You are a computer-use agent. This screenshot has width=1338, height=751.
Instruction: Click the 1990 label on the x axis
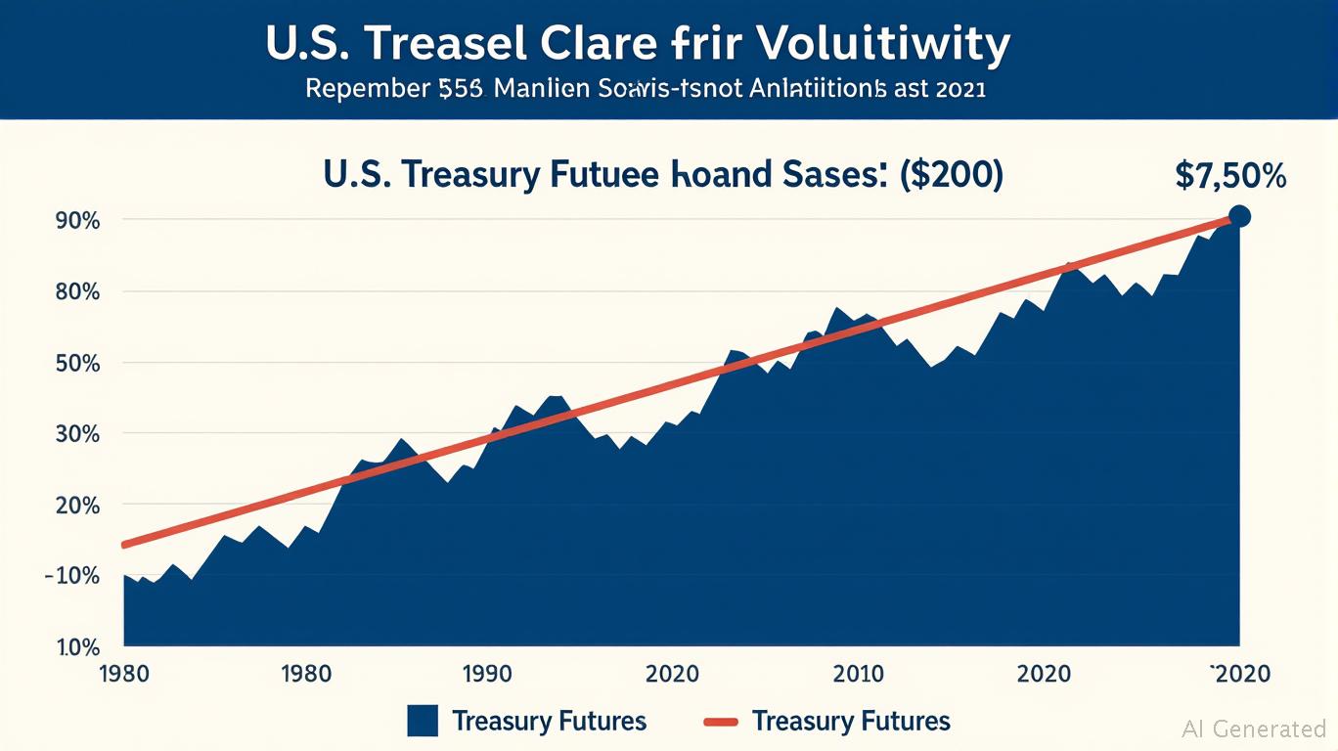pyautogui.click(x=486, y=674)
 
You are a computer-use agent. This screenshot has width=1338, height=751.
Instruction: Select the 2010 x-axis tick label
pyautogui.click(x=858, y=674)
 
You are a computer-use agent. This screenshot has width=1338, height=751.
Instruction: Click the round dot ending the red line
pyautogui.click(x=1238, y=216)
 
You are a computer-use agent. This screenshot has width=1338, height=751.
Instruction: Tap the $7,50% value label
pyautogui.click(x=1229, y=176)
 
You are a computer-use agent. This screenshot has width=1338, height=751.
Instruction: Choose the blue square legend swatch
pyautogui.click(x=422, y=722)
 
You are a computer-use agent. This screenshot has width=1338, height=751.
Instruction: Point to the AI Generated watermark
pyautogui.click(x=1254, y=729)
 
